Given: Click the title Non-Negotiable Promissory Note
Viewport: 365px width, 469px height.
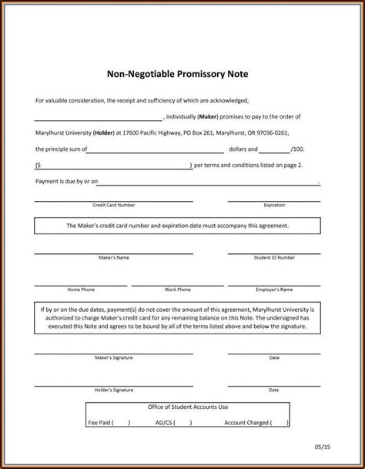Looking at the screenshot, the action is click(x=182, y=75).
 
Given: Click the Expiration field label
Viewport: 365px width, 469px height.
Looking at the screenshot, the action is click(x=274, y=206).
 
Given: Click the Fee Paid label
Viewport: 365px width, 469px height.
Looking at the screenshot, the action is click(x=99, y=423).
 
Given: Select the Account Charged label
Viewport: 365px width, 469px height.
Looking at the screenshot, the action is click(x=249, y=423).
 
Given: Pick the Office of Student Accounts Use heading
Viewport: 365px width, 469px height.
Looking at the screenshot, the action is click(x=182, y=407).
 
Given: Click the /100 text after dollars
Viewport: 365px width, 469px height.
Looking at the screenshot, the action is click(x=298, y=149).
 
